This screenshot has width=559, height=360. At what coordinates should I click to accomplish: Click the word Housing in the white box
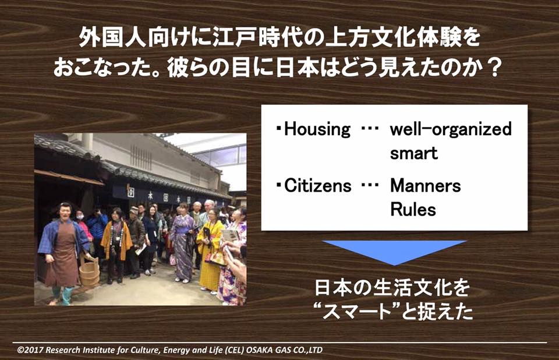point(317,129)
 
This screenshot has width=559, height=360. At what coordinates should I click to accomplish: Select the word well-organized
point(451,129)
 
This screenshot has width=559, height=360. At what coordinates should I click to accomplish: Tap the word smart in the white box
point(413,153)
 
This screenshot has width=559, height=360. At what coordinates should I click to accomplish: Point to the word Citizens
point(318,185)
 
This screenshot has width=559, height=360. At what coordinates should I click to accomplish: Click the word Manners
point(425,185)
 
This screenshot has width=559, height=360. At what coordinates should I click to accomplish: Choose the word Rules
point(413,210)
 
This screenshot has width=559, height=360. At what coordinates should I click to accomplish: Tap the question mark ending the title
point(494,68)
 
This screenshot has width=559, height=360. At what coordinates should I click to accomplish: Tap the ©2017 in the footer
point(30,350)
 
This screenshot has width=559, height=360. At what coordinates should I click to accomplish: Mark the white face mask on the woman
point(80,216)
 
